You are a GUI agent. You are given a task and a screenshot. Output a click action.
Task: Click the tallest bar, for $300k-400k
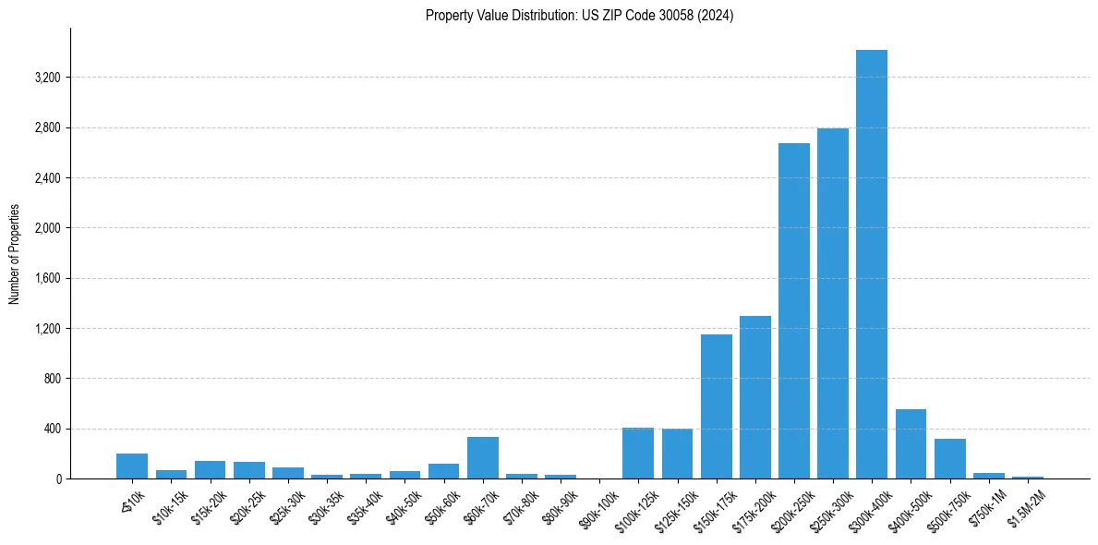(x=871, y=264)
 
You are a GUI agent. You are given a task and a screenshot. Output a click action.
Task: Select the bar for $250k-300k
(x=832, y=303)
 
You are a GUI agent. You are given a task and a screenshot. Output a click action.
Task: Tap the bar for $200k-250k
(x=793, y=310)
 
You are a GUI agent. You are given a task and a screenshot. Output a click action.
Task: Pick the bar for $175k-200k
(x=754, y=397)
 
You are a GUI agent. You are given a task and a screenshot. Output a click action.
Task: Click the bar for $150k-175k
(x=716, y=406)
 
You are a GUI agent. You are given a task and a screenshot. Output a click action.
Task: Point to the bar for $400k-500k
(x=911, y=444)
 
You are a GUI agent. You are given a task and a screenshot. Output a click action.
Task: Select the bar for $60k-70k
(x=482, y=458)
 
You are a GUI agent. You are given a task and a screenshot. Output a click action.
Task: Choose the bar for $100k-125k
(x=638, y=454)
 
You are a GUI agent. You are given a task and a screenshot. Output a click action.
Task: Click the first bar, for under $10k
(x=132, y=466)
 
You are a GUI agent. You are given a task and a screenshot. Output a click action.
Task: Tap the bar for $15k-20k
(x=210, y=470)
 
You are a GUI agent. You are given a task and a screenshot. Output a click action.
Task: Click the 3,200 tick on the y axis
(x=47, y=78)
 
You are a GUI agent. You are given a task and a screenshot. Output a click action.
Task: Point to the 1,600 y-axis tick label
(x=47, y=278)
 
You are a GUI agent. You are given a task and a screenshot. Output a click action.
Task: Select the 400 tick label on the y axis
(x=52, y=429)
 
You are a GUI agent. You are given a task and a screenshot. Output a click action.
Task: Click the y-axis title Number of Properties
(x=14, y=253)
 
